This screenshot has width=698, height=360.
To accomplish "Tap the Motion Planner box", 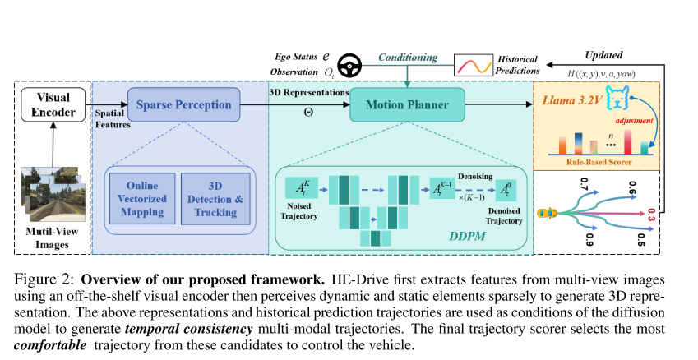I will pos(407,105).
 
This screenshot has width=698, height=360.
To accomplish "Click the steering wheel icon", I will pos(354,66).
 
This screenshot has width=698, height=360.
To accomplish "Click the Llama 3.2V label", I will pos(574,100).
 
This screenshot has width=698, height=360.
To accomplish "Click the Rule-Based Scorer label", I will pos(595,162).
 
